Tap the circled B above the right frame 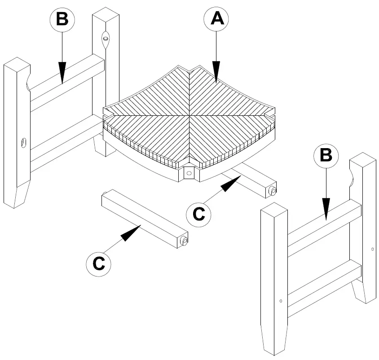pos(326,155)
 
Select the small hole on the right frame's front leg pos(281,301)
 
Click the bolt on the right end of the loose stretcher pos(184,241)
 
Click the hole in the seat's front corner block pos(189,172)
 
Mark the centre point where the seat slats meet pos(190,118)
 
